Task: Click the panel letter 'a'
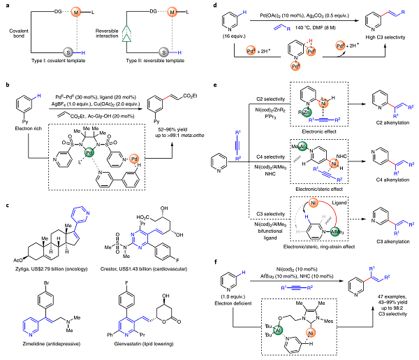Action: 3,5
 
